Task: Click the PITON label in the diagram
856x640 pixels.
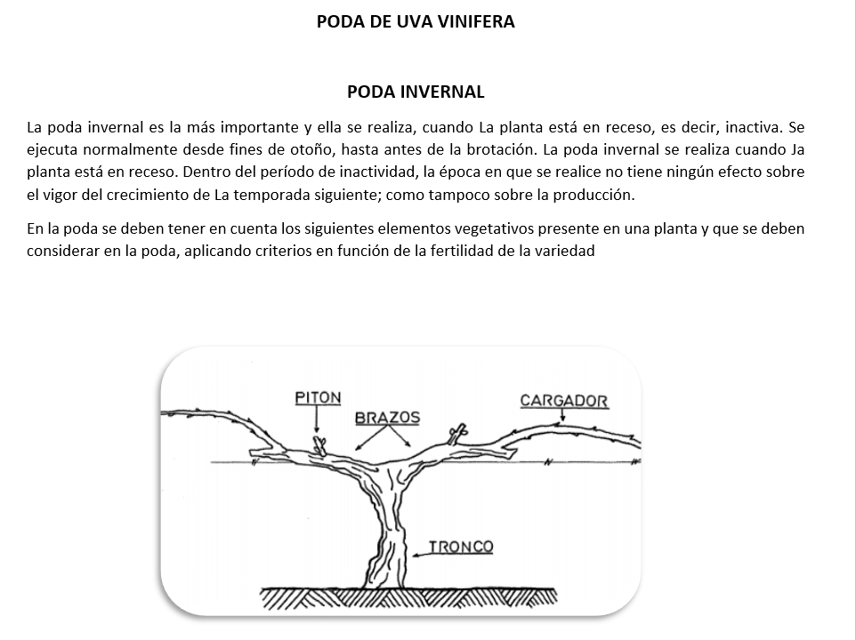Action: click(318, 398)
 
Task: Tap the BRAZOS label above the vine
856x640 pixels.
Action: click(388, 418)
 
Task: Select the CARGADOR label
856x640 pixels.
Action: click(564, 401)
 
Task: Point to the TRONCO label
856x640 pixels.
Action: click(461, 547)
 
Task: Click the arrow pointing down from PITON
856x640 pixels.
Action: click(317, 420)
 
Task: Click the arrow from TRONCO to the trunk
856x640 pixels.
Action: click(421, 555)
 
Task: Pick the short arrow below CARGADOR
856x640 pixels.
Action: click(563, 415)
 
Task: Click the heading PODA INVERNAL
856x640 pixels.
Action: click(416, 92)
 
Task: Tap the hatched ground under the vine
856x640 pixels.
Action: click(409, 598)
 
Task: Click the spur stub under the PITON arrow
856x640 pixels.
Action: click(319, 444)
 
